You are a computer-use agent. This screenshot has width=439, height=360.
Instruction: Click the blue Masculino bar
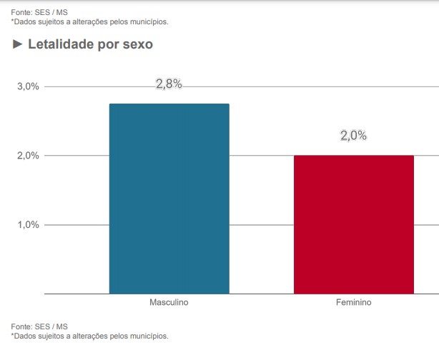[x=169, y=200]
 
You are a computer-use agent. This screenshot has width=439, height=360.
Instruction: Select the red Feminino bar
[x=353, y=225]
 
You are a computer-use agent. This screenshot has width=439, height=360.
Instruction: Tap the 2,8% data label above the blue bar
[x=169, y=84]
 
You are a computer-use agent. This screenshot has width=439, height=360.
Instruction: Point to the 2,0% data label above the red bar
[x=353, y=136]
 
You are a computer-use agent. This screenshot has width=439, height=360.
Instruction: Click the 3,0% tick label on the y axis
[x=28, y=86]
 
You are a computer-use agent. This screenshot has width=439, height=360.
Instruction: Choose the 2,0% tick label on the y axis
[x=28, y=156]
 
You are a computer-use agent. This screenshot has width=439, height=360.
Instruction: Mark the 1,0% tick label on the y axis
[x=28, y=225]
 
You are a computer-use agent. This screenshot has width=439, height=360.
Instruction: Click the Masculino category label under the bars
[x=169, y=303]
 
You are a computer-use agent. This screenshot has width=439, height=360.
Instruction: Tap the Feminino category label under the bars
[x=353, y=303]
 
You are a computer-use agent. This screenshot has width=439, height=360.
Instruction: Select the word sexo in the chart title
[x=137, y=44]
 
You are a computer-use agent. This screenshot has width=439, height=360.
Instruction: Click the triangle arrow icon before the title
[x=17, y=44]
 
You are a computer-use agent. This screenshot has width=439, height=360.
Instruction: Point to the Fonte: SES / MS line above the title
[x=39, y=12]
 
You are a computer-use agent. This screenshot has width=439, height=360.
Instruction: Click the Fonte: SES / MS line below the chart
[x=39, y=326]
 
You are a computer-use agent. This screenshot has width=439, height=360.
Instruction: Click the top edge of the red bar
[x=353, y=156]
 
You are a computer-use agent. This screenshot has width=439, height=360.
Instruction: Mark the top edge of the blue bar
[x=169, y=104]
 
